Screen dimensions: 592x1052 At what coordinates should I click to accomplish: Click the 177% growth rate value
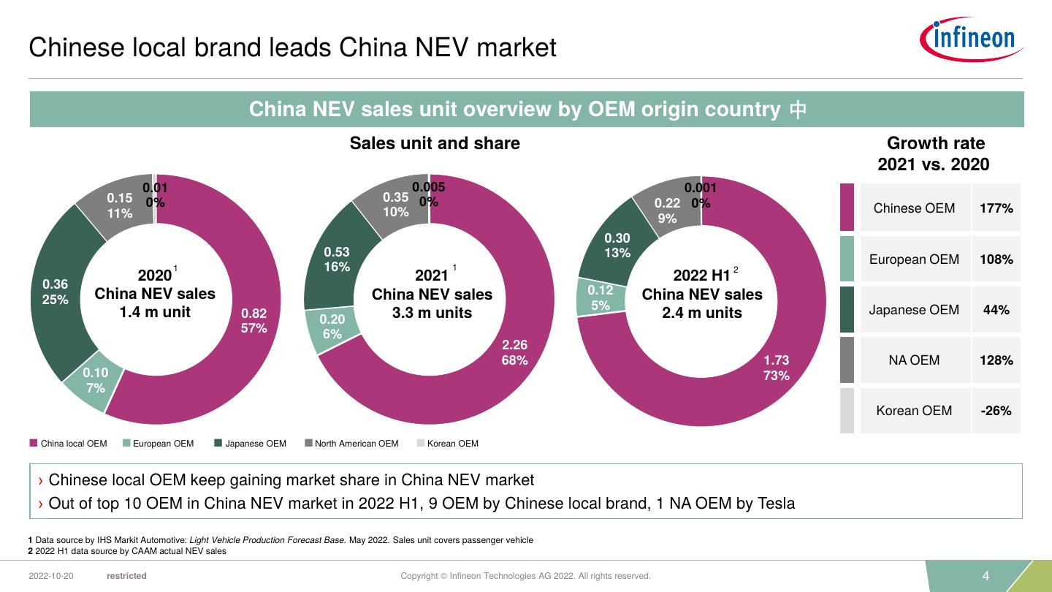point(996,208)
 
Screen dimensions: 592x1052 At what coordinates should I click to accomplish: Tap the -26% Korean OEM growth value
point(996,411)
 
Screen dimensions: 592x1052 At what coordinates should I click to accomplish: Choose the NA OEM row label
point(914,360)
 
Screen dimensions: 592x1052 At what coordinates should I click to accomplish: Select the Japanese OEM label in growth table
point(914,310)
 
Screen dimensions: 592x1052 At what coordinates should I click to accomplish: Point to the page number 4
point(986,576)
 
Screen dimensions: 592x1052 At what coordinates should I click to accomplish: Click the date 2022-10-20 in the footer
point(51,576)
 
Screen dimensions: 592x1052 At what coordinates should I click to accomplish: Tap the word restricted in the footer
point(126,576)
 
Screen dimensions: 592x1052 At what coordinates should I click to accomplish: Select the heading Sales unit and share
point(435,143)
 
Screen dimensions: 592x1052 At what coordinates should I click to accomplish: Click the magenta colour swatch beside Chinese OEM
point(847,208)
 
